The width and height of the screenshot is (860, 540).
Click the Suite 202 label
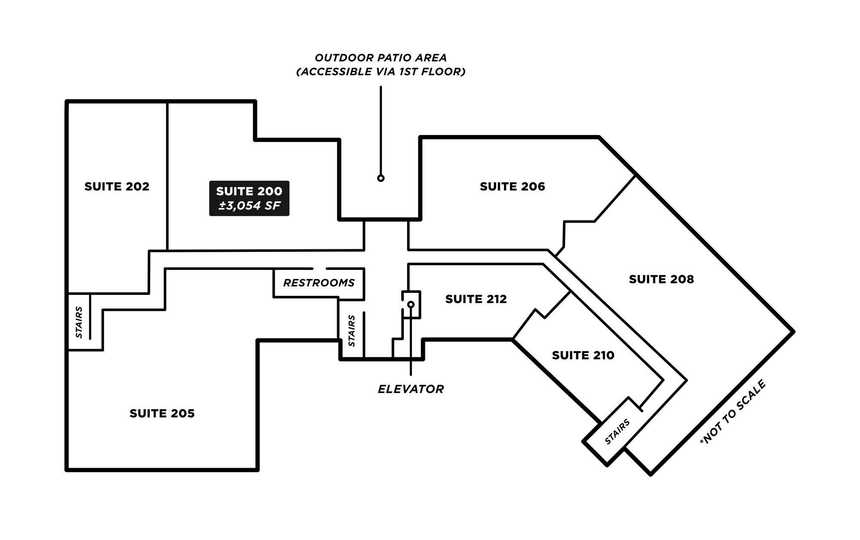[x=117, y=187]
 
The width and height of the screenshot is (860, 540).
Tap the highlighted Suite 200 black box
[x=249, y=198]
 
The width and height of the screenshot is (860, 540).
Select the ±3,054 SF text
[x=249, y=206]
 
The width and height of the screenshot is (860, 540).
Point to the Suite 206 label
[x=512, y=187]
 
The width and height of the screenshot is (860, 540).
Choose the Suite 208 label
[x=661, y=279]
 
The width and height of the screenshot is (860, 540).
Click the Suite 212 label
[x=476, y=299]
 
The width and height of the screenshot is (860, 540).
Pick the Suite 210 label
[x=583, y=356]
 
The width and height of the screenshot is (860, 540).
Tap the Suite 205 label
[x=162, y=414]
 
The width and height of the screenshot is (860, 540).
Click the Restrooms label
[x=319, y=283]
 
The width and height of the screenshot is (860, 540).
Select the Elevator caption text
[x=411, y=389]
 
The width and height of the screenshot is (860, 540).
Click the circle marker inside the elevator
[x=411, y=304]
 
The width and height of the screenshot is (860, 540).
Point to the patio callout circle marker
[x=381, y=178]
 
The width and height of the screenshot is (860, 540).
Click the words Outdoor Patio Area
[x=381, y=58]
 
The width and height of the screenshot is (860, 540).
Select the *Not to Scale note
[x=733, y=412]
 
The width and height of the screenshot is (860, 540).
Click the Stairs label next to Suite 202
[x=79, y=322]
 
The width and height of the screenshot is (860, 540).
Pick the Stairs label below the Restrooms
[x=352, y=331]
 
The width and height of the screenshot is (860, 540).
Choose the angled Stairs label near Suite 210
[x=617, y=432]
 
